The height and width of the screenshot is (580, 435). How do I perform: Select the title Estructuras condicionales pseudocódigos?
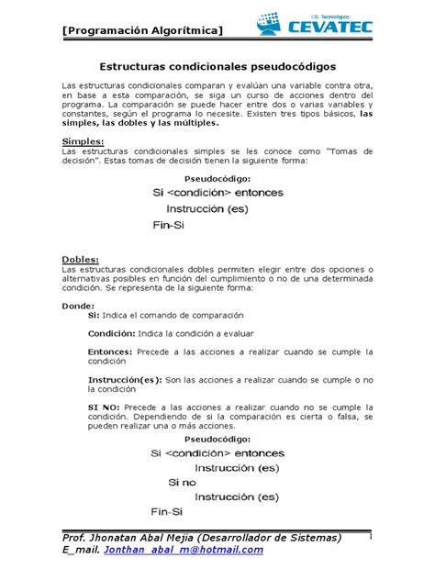pyautogui.click(x=217, y=68)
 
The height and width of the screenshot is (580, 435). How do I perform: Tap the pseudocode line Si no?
pyautogui.click(x=182, y=482)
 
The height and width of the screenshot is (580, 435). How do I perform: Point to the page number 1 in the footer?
pyautogui.click(x=368, y=536)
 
